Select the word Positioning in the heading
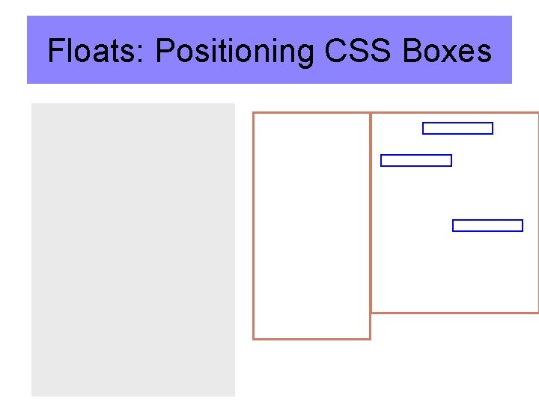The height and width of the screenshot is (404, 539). coord(235,52)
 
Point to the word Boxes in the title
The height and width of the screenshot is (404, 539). coord(447,52)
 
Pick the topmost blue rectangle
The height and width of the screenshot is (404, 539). coord(457,128)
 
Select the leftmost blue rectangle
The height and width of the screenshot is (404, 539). coord(416,160)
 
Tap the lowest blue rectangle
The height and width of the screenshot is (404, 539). coord(487,225)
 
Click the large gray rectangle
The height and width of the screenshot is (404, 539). coord(133,249)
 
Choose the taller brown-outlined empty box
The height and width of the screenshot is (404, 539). coord(311,225)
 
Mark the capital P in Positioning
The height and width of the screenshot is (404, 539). coord(165,52)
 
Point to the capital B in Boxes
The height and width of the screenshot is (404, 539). coord(412,52)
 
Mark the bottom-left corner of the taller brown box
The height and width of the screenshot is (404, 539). coord(254,338)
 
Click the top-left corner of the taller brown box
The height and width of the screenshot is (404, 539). coord(254,113)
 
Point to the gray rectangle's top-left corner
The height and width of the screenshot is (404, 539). coord(31,104)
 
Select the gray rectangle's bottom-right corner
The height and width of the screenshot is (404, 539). coord(234,396)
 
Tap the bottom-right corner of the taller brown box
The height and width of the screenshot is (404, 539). coord(370,338)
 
